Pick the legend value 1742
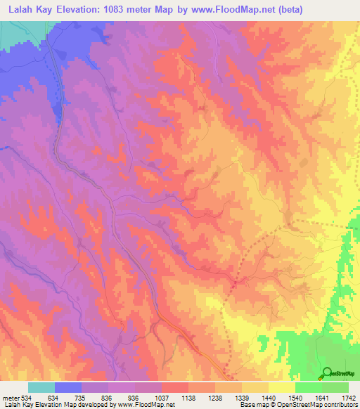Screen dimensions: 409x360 point(348,397)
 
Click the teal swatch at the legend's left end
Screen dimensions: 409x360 point(41,387)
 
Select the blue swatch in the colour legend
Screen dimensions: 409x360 point(68,387)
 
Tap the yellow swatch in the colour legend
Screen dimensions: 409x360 point(282,387)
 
